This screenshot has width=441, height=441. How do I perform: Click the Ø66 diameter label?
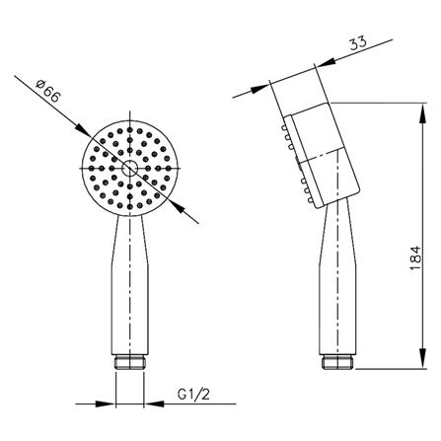point(48,92)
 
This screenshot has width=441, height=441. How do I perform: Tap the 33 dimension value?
point(358,43)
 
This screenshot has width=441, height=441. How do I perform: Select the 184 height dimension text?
point(415,257)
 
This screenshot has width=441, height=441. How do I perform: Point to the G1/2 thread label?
point(193,394)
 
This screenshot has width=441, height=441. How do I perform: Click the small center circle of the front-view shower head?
point(129,169)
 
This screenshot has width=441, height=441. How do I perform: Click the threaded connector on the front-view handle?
point(130,362)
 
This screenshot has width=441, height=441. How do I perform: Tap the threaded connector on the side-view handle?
point(337,362)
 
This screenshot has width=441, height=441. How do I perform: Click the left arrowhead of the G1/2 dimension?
point(106,404)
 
